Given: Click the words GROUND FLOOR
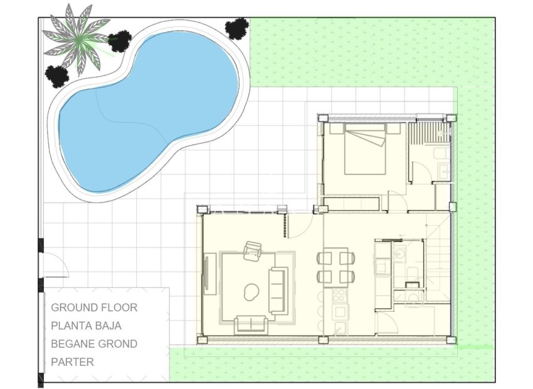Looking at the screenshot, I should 94,307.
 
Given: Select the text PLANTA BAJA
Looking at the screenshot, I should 87,326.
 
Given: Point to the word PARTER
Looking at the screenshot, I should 73,362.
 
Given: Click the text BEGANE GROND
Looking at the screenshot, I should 94,344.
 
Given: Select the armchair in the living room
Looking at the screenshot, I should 253,251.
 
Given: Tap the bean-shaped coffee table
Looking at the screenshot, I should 252,290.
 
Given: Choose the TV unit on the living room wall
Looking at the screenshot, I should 210,273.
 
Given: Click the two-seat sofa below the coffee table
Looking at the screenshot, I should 251,324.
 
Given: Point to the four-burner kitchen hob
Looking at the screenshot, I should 340,295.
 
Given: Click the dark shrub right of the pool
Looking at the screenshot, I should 237,28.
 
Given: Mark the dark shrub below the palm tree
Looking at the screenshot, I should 57,76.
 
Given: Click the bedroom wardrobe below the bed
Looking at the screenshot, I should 353,203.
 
